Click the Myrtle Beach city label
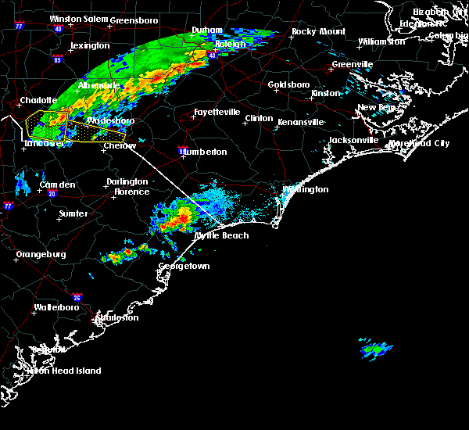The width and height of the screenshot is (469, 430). coord(221,235)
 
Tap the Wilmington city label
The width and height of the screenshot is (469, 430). coord(306,189)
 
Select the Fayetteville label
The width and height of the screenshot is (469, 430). coord(217,113)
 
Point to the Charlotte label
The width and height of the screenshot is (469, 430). coord(38,100)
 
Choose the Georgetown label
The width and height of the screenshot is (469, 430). coord(184,267)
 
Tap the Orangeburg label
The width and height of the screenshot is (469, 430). coord(41,255)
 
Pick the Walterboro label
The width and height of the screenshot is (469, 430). coord(59,307)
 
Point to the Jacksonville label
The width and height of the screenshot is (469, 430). coord(353,140)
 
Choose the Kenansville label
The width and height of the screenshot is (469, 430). coord(300,122)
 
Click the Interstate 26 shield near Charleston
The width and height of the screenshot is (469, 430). coord(77,296)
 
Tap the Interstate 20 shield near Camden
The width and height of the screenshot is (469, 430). coord(52,193)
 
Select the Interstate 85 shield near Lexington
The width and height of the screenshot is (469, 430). coord(57,59)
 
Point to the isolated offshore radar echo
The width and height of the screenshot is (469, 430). coord(377,349)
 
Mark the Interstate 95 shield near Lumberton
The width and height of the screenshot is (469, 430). coord(181,149)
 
